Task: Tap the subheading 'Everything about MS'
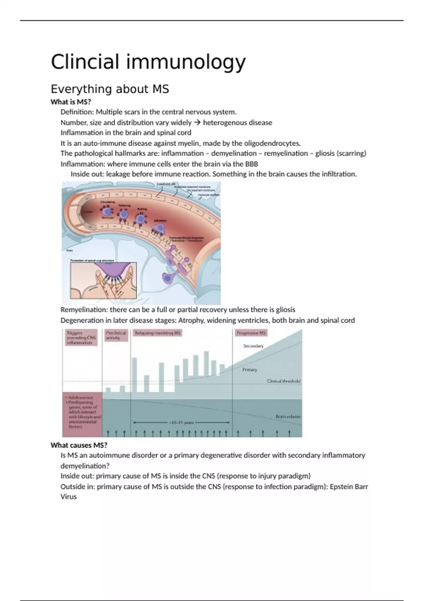click(110, 89)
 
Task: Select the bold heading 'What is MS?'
click(71, 102)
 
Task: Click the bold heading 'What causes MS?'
click(79, 445)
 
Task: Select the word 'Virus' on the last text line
click(69, 496)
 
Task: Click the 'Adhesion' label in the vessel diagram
click(160, 221)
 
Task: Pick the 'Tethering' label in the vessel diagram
click(124, 205)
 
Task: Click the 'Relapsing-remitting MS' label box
click(158, 333)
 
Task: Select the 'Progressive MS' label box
click(251, 333)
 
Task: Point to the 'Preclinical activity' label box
click(116, 335)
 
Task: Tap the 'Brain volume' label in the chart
click(288, 416)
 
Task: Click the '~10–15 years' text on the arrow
click(181, 422)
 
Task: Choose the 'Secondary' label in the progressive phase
click(253, 346)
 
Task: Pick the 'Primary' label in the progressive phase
click(250, 370)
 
